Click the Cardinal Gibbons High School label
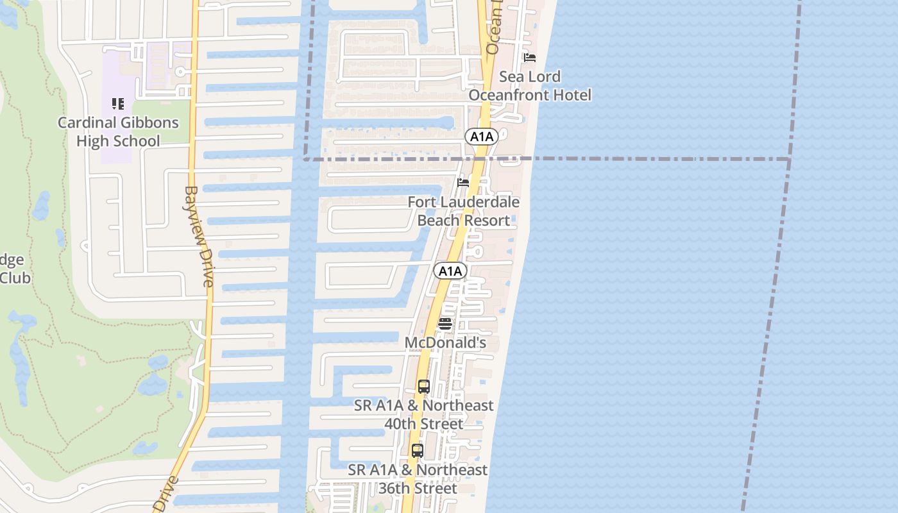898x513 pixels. [118, 131]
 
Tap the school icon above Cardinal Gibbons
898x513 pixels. [117, 103]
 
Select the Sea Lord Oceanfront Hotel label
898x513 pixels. [530, 86]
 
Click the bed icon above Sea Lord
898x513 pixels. [529, 58]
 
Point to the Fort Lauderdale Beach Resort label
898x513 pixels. [464, 211]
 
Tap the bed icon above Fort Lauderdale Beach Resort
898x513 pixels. [463, 183]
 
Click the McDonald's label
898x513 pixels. [445, 343]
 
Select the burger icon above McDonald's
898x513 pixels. [445, 324]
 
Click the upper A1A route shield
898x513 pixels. [481, 136]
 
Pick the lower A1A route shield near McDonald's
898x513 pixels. [450, 271]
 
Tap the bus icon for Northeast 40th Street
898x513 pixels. [423, 387]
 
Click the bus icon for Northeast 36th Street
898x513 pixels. [418, 451]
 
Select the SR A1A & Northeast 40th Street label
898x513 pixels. [424, 415]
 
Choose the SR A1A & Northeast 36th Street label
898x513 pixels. [418, 479]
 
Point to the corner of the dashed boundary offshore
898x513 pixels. [789, 159]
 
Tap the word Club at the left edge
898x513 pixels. [14, 278]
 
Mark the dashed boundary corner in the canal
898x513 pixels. [305, 158]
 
